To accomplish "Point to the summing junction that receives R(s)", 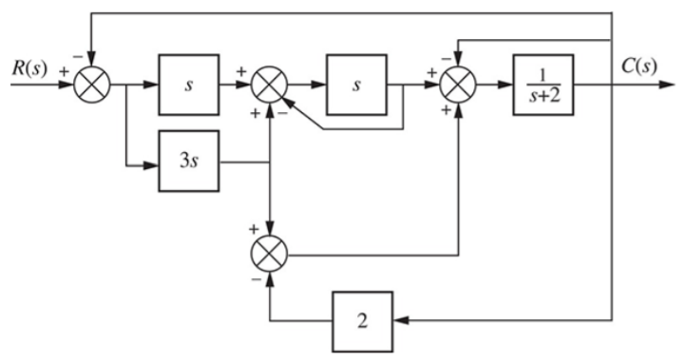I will click(x=91, y=85).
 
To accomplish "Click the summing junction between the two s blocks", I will click(x=272, y=85).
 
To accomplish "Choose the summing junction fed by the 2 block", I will click(x=273, y=254).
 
